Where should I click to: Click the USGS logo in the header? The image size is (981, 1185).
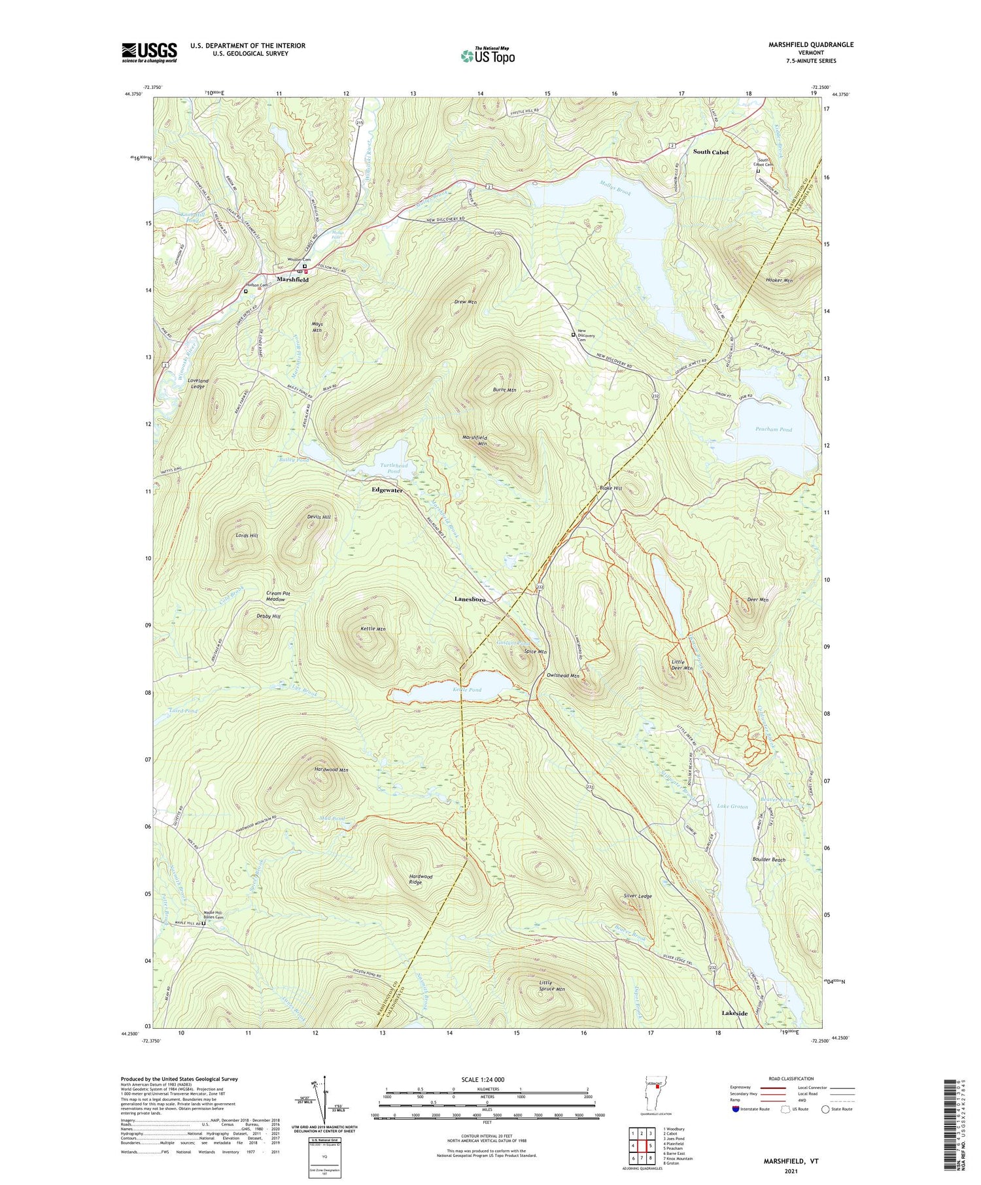click(x=149, y=52)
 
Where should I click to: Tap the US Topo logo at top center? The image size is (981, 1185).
click(x=487, y=56)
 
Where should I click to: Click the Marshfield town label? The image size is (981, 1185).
click(x=292, y=280)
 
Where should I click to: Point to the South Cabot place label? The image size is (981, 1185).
click(x=711, y=152)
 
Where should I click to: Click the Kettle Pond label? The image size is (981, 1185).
click(x=467, y=690)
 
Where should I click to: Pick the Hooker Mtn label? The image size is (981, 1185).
click(x=778, y=280)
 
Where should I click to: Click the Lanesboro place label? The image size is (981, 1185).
click(x=470, y=599)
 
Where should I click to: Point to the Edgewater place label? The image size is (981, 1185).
click(x=387, y=490)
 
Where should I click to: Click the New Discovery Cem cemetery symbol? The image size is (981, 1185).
click(x=574, y=335)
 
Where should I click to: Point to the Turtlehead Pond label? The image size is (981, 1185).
click(x=394, y=468)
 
